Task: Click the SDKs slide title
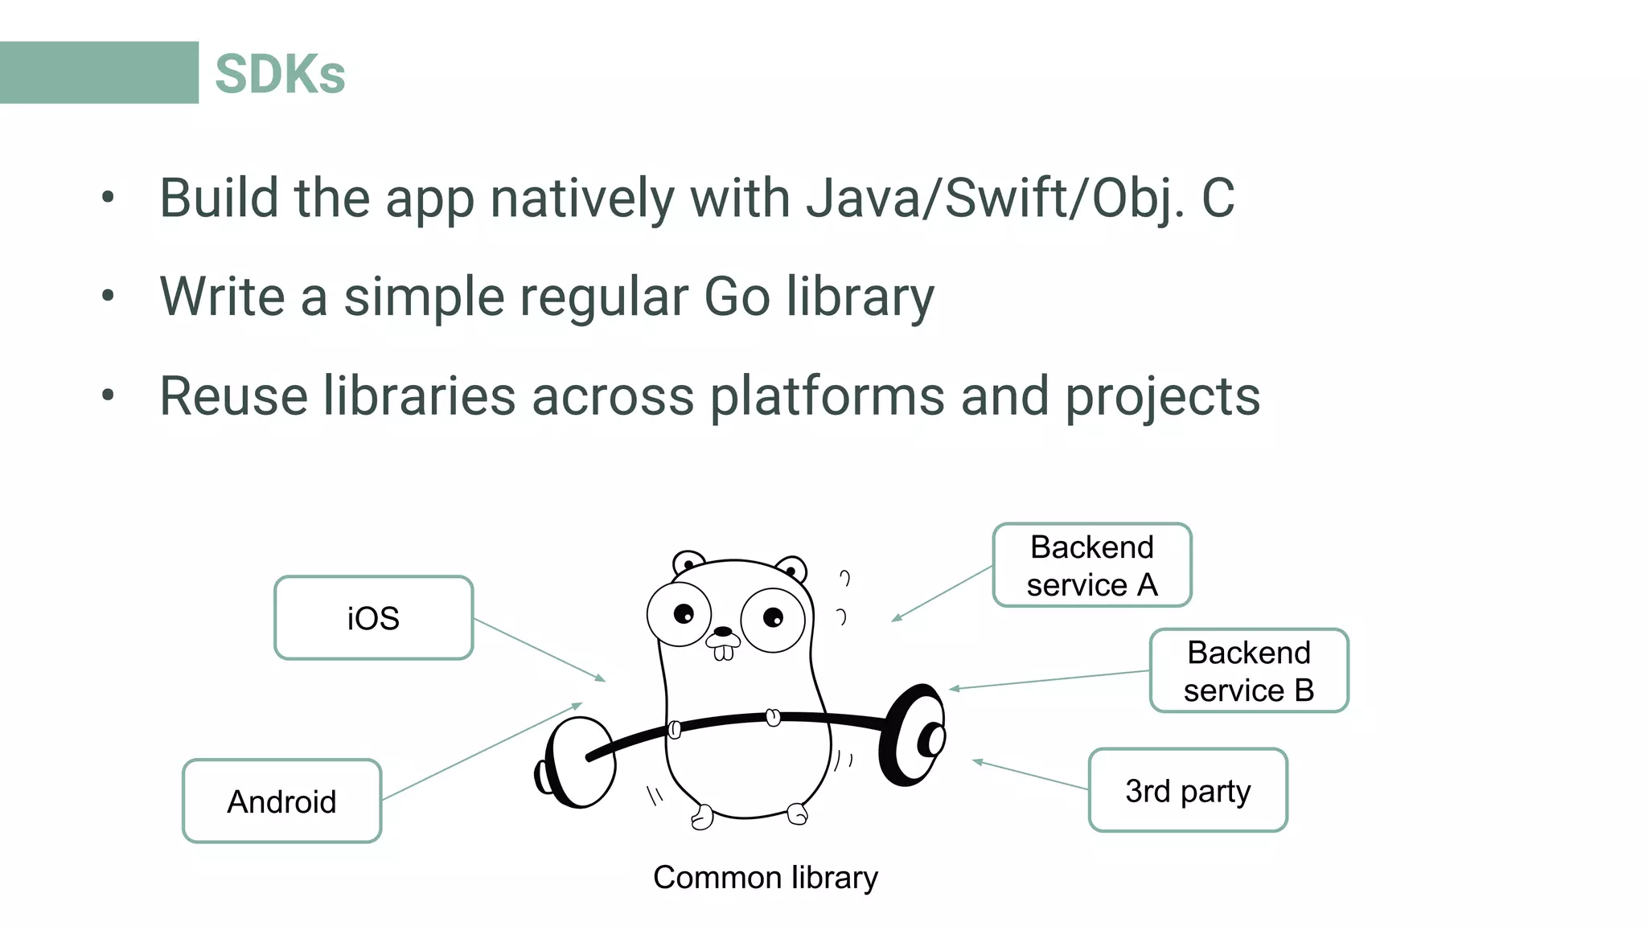point(280,74)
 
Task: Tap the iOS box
point(373,618)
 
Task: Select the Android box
point(281,801)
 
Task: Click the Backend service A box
point(1092,565)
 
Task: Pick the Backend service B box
point(1249,670)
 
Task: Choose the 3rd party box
point(1188,790)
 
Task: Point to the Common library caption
point(765,877)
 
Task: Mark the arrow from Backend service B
point(1049,679)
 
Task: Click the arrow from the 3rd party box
point(1031,775)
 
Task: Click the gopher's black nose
point(724,632)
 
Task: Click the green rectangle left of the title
point(99,72)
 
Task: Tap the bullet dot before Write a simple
point(109,296)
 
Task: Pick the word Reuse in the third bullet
point(234,395)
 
